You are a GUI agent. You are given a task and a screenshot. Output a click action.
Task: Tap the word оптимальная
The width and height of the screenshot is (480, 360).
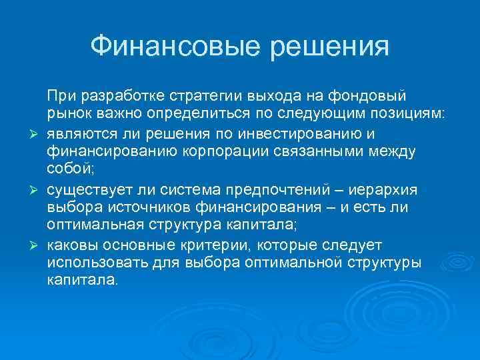[93, 225]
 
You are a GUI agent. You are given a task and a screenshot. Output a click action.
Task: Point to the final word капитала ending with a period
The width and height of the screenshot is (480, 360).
[81, 280]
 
